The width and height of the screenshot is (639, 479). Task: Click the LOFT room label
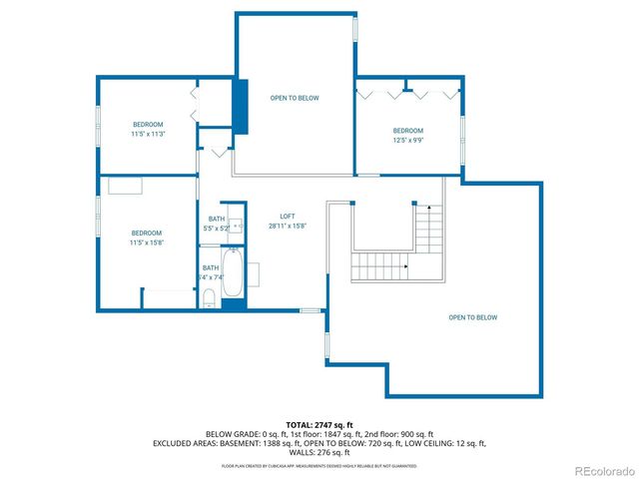point(287,217)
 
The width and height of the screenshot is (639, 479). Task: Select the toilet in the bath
point(208,298)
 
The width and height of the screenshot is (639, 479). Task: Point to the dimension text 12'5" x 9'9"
point(407,141)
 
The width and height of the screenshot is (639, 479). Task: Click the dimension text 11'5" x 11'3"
point(147,134)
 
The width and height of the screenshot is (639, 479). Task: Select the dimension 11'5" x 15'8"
point(147,241)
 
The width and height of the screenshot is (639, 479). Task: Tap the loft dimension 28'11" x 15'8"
point(287,227)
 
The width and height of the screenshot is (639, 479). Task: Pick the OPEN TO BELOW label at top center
point(295,98)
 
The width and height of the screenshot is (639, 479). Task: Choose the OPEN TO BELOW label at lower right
point(472,317)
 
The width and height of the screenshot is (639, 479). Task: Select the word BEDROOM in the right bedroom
point(407,131)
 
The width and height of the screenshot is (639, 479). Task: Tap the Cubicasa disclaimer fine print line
point(319,465)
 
